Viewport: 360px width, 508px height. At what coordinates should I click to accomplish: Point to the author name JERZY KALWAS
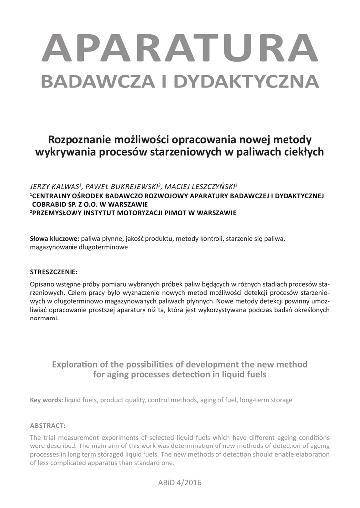(x=55, y=187)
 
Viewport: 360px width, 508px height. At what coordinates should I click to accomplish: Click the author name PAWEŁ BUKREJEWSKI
(x=122, y=187)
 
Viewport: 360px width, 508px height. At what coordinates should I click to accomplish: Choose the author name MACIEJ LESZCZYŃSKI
(x=201, y=187)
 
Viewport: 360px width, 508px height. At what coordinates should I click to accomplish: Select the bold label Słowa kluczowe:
(x=55, y=238)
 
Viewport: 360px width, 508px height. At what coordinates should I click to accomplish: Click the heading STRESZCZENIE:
(x=54, y=272)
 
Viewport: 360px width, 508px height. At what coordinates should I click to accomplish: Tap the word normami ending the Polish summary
(x=44, y=319)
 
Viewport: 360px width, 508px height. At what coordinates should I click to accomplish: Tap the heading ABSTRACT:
(x=48, y=426)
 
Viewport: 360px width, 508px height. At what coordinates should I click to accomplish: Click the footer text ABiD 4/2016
(x=180, y=482)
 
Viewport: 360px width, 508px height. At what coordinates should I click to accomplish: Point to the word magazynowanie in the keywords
(x=53, y=247)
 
